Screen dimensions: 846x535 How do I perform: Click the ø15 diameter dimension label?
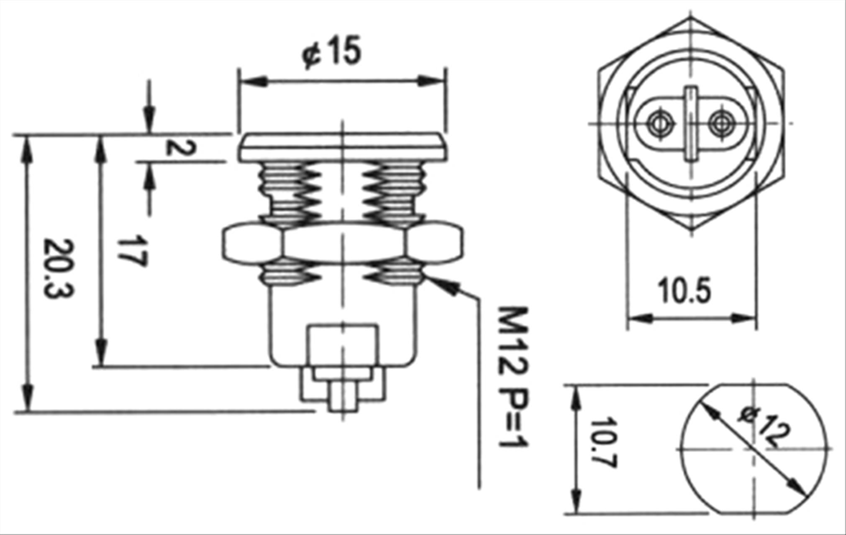point(331,53)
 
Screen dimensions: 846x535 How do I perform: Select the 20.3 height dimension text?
point(59,269)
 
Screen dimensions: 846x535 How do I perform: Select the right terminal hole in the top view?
point(720,124)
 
